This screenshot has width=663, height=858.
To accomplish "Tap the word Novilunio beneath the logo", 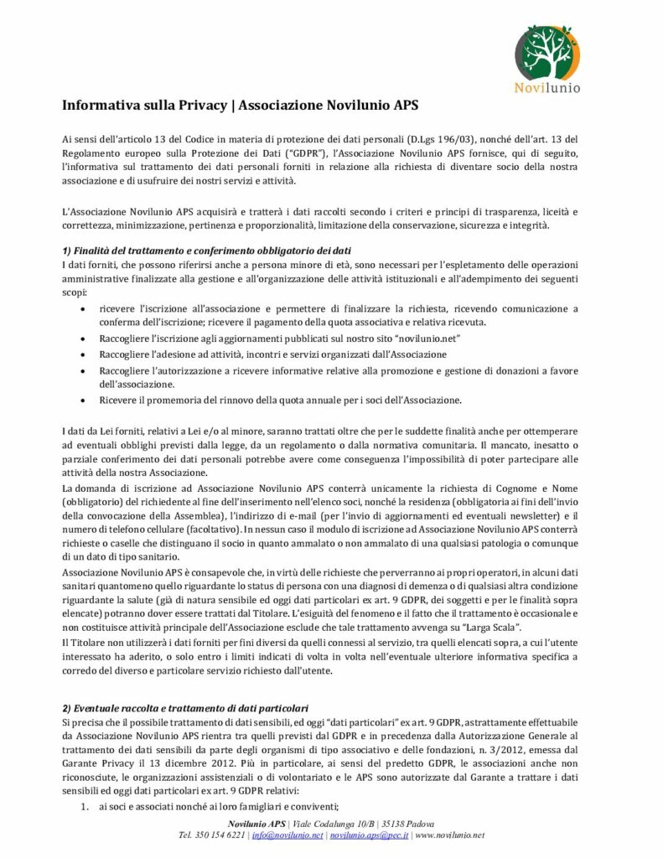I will tap(547, 86).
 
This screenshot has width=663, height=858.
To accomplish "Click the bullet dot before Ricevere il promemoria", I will tap(80, 400).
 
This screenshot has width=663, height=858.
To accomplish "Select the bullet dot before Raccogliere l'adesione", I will tap(80, 354).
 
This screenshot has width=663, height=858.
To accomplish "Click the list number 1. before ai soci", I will tap(85, 806).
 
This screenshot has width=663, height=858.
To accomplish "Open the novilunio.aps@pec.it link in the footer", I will tap(369, 835).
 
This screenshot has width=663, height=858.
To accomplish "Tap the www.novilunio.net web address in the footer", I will tap(449, 835).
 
